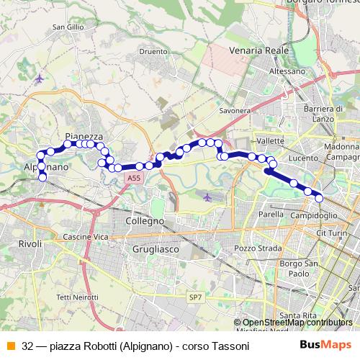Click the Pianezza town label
click(84, 135)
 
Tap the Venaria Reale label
click(258, 51)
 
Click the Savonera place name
click(234, 111)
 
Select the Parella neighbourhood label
click(271, 214)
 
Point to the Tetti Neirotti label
click(77, 297)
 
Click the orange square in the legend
click(9, 346)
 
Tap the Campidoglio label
click(313, 215)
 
